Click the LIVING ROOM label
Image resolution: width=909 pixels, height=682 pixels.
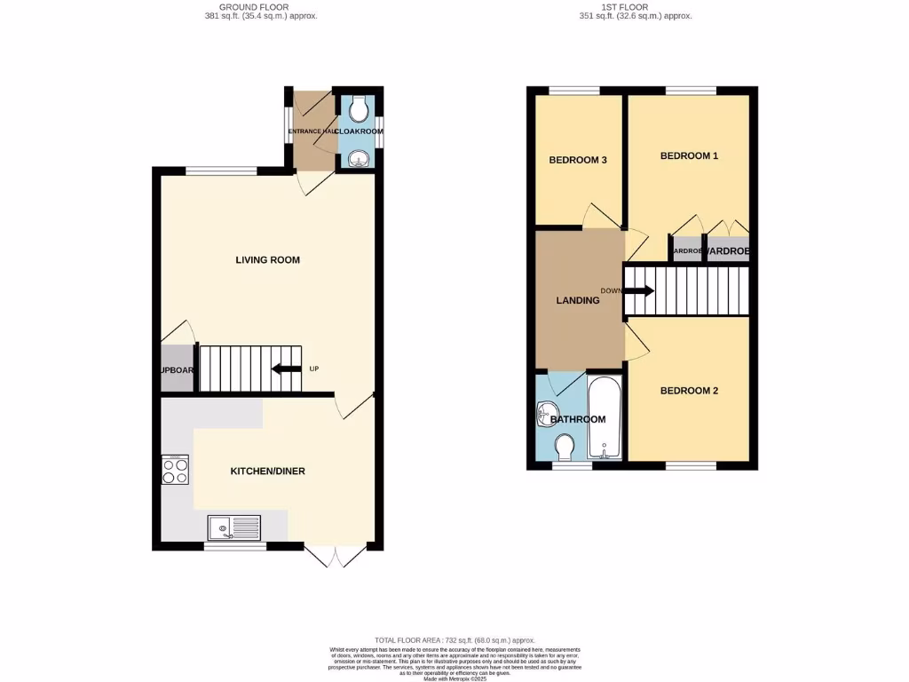(x=267, y=260)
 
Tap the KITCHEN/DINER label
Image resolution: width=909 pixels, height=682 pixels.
(x=267, y=471)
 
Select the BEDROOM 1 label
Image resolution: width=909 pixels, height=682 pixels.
(x=689, y=155)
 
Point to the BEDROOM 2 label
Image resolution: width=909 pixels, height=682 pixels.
(x=689, y=391)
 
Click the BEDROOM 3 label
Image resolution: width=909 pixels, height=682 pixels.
(x=577, y=160)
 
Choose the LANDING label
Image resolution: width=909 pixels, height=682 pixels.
(x=577, y=300)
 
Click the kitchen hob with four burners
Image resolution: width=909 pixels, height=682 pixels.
(x=175, y=469)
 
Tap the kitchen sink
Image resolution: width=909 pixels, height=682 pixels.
(x=234, y=527)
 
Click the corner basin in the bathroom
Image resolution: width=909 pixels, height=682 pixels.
(x=547, y=412)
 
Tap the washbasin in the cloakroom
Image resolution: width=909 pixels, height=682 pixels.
(x=359, y=160)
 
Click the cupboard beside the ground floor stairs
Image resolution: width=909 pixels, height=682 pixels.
(x=178, y=369)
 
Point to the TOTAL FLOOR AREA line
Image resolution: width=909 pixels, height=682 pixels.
(x=454, y=639)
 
